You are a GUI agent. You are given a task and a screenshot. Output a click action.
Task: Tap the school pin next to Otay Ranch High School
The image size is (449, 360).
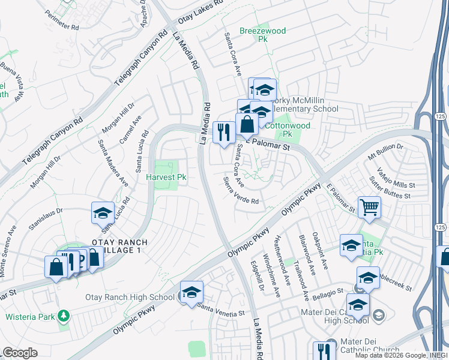[x=191, y=292]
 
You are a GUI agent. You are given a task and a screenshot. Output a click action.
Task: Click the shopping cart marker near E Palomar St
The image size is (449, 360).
[x=369, y=208]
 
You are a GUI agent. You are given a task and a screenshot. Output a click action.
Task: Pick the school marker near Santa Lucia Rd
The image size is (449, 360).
[x=103, y=213]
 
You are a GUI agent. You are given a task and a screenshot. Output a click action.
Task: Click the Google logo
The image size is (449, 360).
[x=20, y=353]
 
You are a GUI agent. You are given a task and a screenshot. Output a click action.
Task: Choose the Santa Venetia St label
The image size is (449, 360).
[x=221, y=309]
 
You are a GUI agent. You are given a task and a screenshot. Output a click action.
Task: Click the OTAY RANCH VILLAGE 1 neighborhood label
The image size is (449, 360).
[x=119, y=246]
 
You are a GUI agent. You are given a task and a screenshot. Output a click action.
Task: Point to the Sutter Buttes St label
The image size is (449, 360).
[x=388, y=187]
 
